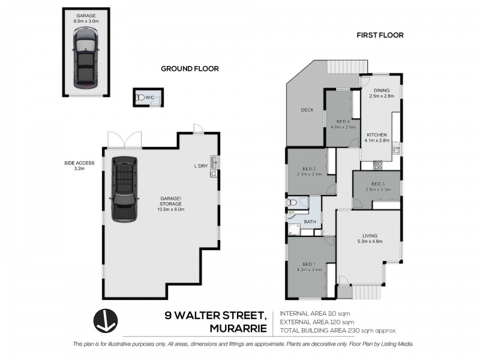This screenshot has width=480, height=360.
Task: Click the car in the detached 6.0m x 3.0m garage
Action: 86,58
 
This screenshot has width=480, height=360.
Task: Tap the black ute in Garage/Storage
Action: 124,188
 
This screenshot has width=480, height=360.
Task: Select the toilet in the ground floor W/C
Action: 140,98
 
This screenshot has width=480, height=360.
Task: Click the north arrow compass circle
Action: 106,321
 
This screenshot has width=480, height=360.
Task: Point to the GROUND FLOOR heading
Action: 190,69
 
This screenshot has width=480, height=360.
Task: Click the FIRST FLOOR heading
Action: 380,35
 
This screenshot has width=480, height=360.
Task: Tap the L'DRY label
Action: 201,166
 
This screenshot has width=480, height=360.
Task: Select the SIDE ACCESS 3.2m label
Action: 79,166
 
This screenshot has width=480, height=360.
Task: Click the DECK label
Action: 307,110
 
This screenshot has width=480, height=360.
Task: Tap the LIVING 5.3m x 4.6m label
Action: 370,238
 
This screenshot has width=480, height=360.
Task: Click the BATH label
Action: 310,221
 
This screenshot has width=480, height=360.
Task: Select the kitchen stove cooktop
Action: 378,166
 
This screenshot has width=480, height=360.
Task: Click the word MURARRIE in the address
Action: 238,328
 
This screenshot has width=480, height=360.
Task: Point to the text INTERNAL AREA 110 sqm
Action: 314,313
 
